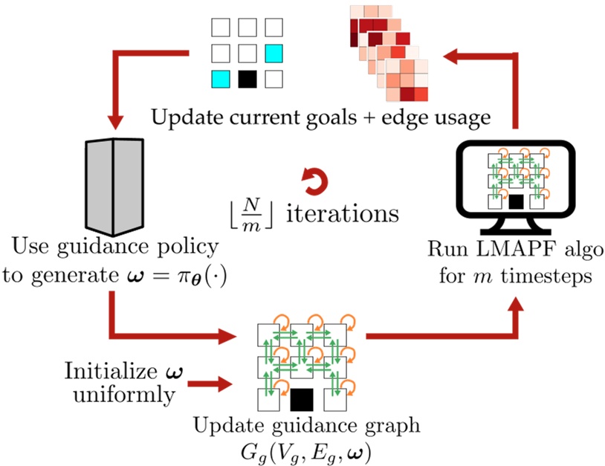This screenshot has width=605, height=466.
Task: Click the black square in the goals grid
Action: click(x=247, y=77)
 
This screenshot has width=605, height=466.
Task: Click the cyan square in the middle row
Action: click(x=274, y=53)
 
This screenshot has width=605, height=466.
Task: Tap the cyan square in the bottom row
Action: click(x=220, y=77)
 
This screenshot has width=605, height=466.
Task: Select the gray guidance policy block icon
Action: click(x=113, y=184)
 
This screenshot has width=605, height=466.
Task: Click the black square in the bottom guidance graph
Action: click(x=301, y=401)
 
